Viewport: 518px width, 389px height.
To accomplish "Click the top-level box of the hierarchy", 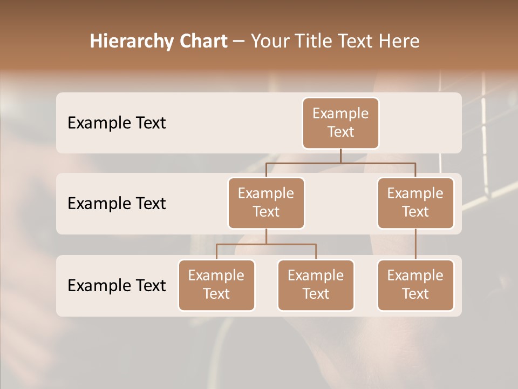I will [x=340, y=123].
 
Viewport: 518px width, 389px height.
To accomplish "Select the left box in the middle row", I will [x=266, y=203].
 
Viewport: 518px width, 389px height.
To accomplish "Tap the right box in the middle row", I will [x=415, y=203].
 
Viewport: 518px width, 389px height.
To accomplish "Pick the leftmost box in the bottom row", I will [x=216, y=285].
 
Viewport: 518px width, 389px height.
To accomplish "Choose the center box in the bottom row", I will [x=316, y=285].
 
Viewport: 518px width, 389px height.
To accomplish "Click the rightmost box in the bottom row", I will [x=415, y=285].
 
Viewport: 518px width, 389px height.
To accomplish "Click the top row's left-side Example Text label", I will [x=117, y=123].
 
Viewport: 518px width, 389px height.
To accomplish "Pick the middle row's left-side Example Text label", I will [x=117, y=203].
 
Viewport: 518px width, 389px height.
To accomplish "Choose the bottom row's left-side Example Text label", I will [x=117, y=285].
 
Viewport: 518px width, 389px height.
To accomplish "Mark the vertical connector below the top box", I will [x=340, y=156].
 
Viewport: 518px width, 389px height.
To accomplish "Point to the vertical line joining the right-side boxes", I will [x=415, y=244].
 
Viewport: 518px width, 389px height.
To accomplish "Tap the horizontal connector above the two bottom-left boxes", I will [x=266, y=244].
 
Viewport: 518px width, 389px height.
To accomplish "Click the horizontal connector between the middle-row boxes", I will [x=340, y=163].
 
